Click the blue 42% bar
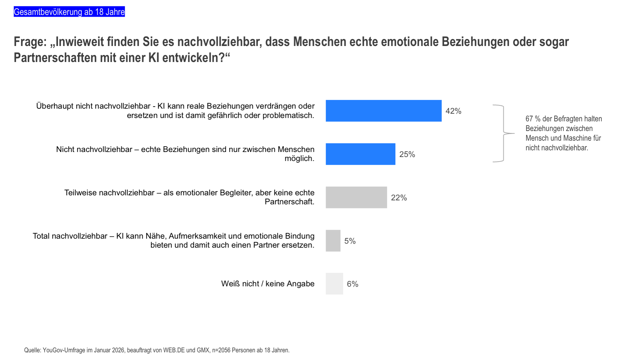[383, 111]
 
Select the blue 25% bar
[360, 154]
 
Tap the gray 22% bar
[356, 197]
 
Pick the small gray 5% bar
[333, 241]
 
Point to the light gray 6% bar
[334, 284]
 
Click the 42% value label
[453, 111]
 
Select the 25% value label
[407, 154]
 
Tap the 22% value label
[399, 198]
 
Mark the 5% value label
[350, 241]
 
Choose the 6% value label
[352, 284]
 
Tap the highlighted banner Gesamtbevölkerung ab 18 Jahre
[69, 12]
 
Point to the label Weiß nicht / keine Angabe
[268, 284]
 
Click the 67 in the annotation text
[529, 119]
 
